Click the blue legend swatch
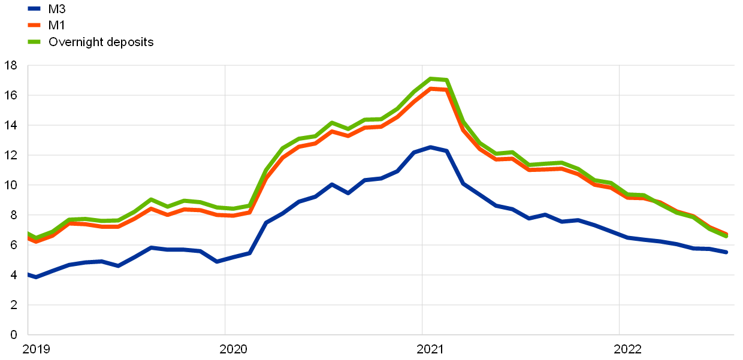pyautogui.click(x=34, y=8)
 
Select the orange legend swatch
pyautogui.click(x=34, y=25)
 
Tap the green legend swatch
pyautogui.click(x=34, y=42)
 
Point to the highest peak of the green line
pyautogui.click(x=431, y=78)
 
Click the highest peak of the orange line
pyautogui.click(x=431, y=89)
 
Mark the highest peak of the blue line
pyautogui.click(x=431, y=147)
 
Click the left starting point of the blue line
pyautogui.click(x=28, y=274)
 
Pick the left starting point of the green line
pyautogui.click(x=28, y=233)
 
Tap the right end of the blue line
pyautogui.click(x=727, y=252)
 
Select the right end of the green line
pyautogui.click(x=727, y=236)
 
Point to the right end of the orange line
pyautogui.click(x=727, y=234)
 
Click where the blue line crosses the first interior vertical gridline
pyautogui.click(x=225, y=259)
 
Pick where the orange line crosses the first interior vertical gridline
pyautogui.click(x=225, y=214)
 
